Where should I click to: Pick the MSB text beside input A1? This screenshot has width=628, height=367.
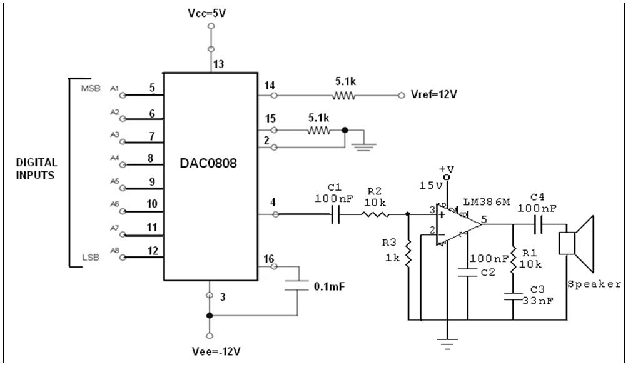click(x=90, y=88)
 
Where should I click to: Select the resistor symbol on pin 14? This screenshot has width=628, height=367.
click(x=343, y=96)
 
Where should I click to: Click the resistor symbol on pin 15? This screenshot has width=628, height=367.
click(x=318, y=130)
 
